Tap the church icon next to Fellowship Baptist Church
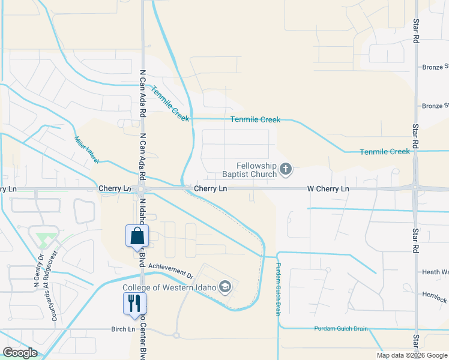click(286, 170)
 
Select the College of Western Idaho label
click(169, 287)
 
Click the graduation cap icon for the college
click(225, 287)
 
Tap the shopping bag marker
click(137, 236)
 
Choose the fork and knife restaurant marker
click(134, 303)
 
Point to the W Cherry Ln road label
click(328, 189)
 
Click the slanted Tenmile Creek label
click(170, 104)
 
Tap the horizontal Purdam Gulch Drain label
click(341, 329)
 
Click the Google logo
click(20, 353)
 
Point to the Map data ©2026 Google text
click(411, 355)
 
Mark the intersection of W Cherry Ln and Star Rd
click(416, 188)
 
